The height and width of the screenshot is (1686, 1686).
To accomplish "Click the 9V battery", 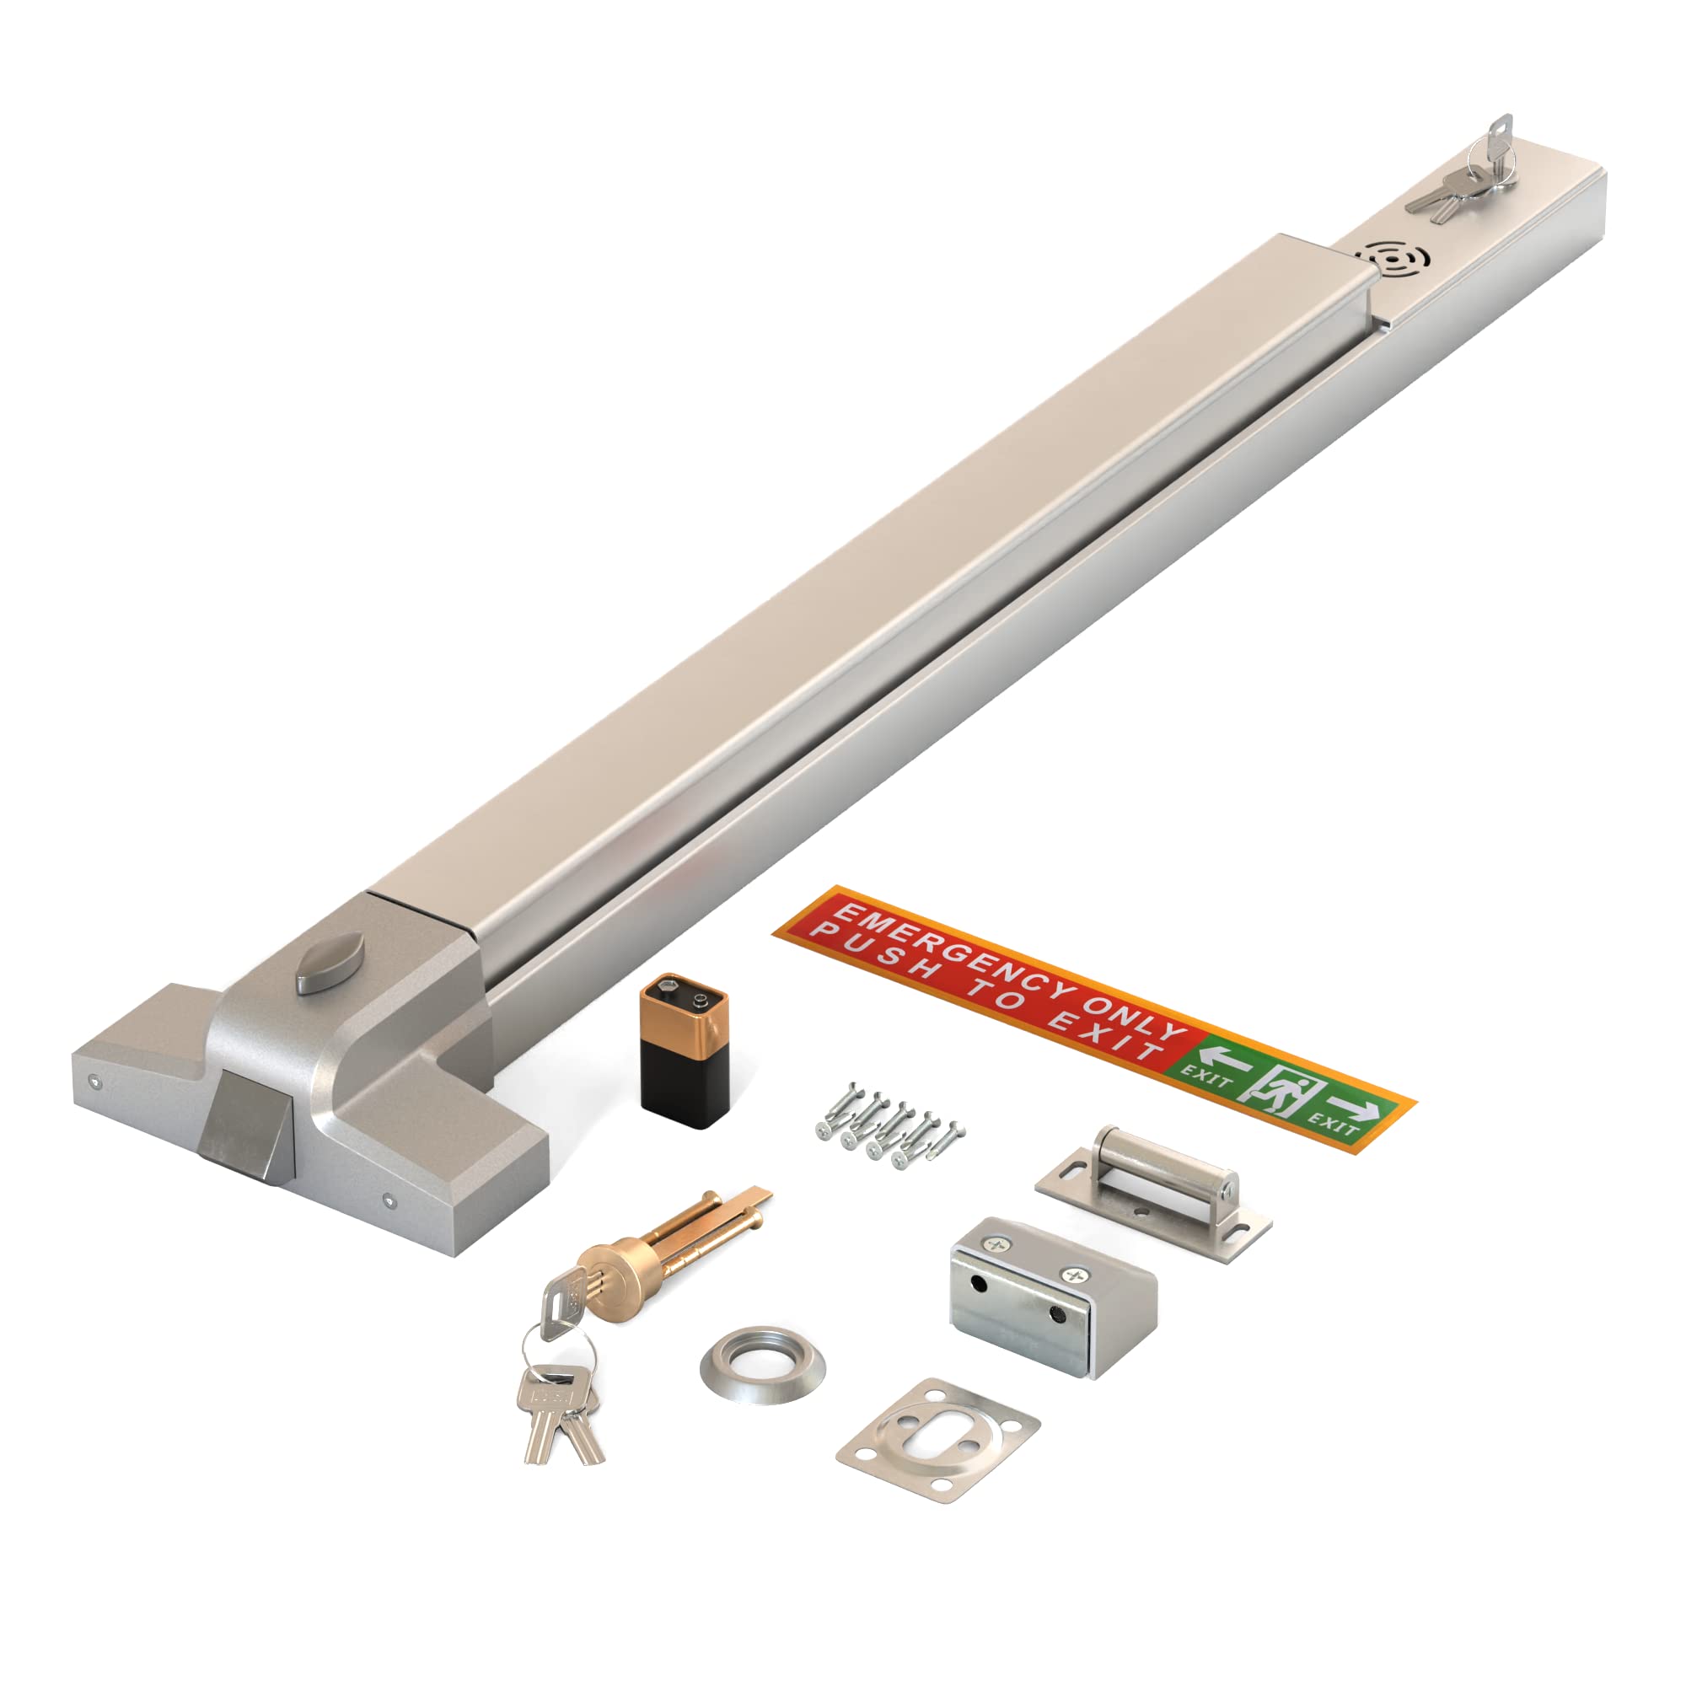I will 684,1052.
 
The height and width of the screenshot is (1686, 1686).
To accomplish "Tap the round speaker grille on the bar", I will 1393,259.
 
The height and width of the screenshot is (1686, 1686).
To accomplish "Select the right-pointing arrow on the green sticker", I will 1357,1109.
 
